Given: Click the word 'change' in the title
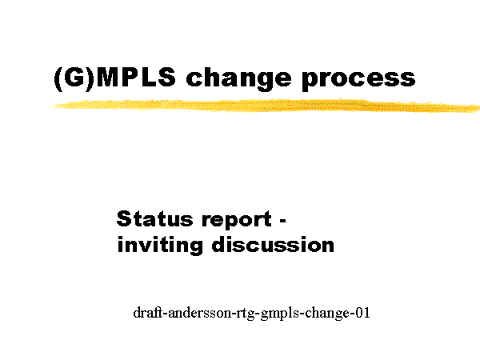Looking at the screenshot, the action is pyautogui.click(x=238, y=79).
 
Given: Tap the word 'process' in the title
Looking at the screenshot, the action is pyautogui.click(x=358, y=80).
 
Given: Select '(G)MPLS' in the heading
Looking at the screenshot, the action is pyautogui.click(x=114, y=78).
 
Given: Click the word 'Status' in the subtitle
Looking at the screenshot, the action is pyautogui.click(x=154, y=218).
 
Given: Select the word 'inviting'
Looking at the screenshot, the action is pyautogui.click(x=160, y=245).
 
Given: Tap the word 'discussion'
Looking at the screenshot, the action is pyautogui.click(x=273, y=244).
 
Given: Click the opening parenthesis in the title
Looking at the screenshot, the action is pyautogui.click(x=58, y=79).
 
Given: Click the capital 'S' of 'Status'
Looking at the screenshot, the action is pyautogui.click(x=124, y=218).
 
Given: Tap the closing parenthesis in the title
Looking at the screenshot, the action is pyautogui.click(x=90, y=79).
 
